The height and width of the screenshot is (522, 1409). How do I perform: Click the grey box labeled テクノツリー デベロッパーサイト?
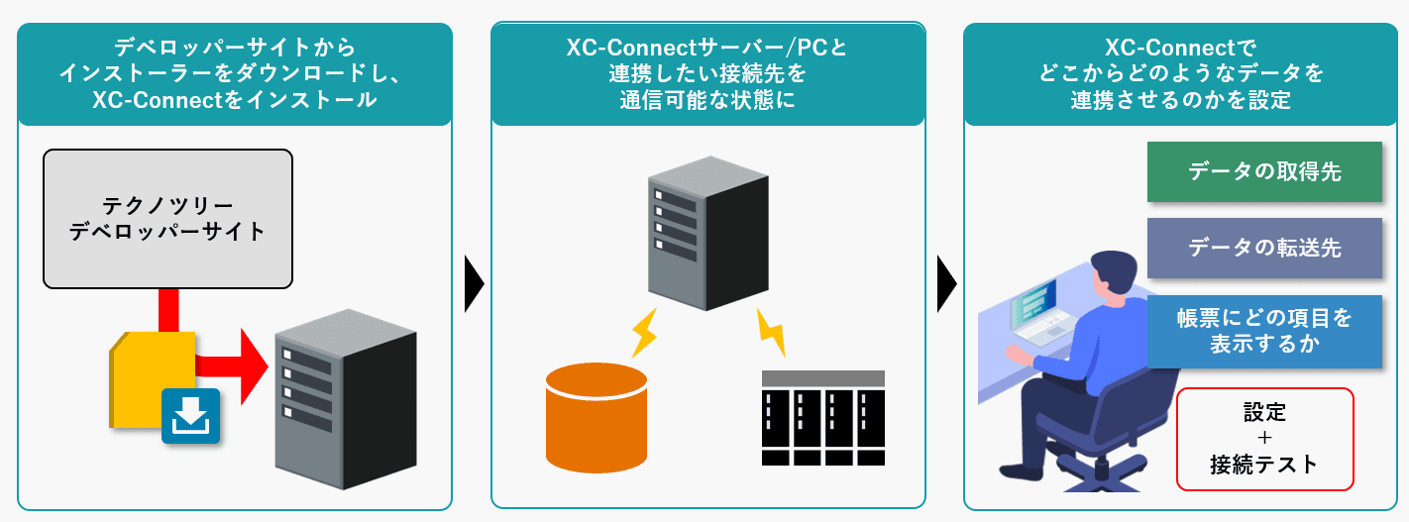[167, 217]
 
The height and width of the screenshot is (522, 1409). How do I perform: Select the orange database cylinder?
[596, 416]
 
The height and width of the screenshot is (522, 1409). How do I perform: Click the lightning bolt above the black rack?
[771, 331]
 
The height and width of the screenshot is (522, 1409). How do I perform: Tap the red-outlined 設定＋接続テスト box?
[1264, 439]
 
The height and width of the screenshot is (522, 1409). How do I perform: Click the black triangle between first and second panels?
[473, 285]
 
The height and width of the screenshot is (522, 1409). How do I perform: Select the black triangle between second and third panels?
[946, 285]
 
